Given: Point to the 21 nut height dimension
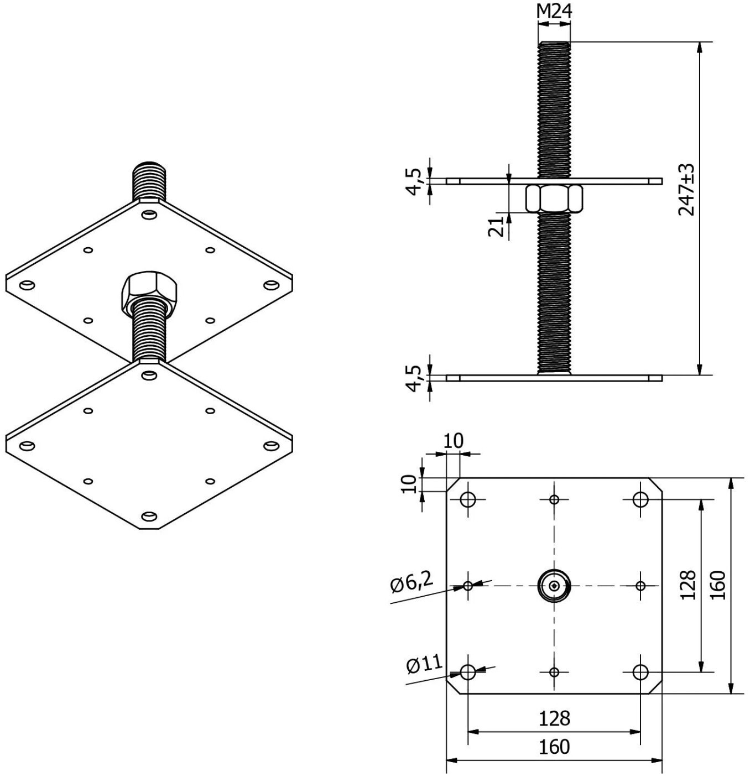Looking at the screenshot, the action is click(495, 227).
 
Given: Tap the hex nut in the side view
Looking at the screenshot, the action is click(554, 198).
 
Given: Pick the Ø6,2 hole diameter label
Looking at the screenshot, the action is click(412, 584).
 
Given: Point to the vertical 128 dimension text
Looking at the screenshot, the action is click(688, 585).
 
